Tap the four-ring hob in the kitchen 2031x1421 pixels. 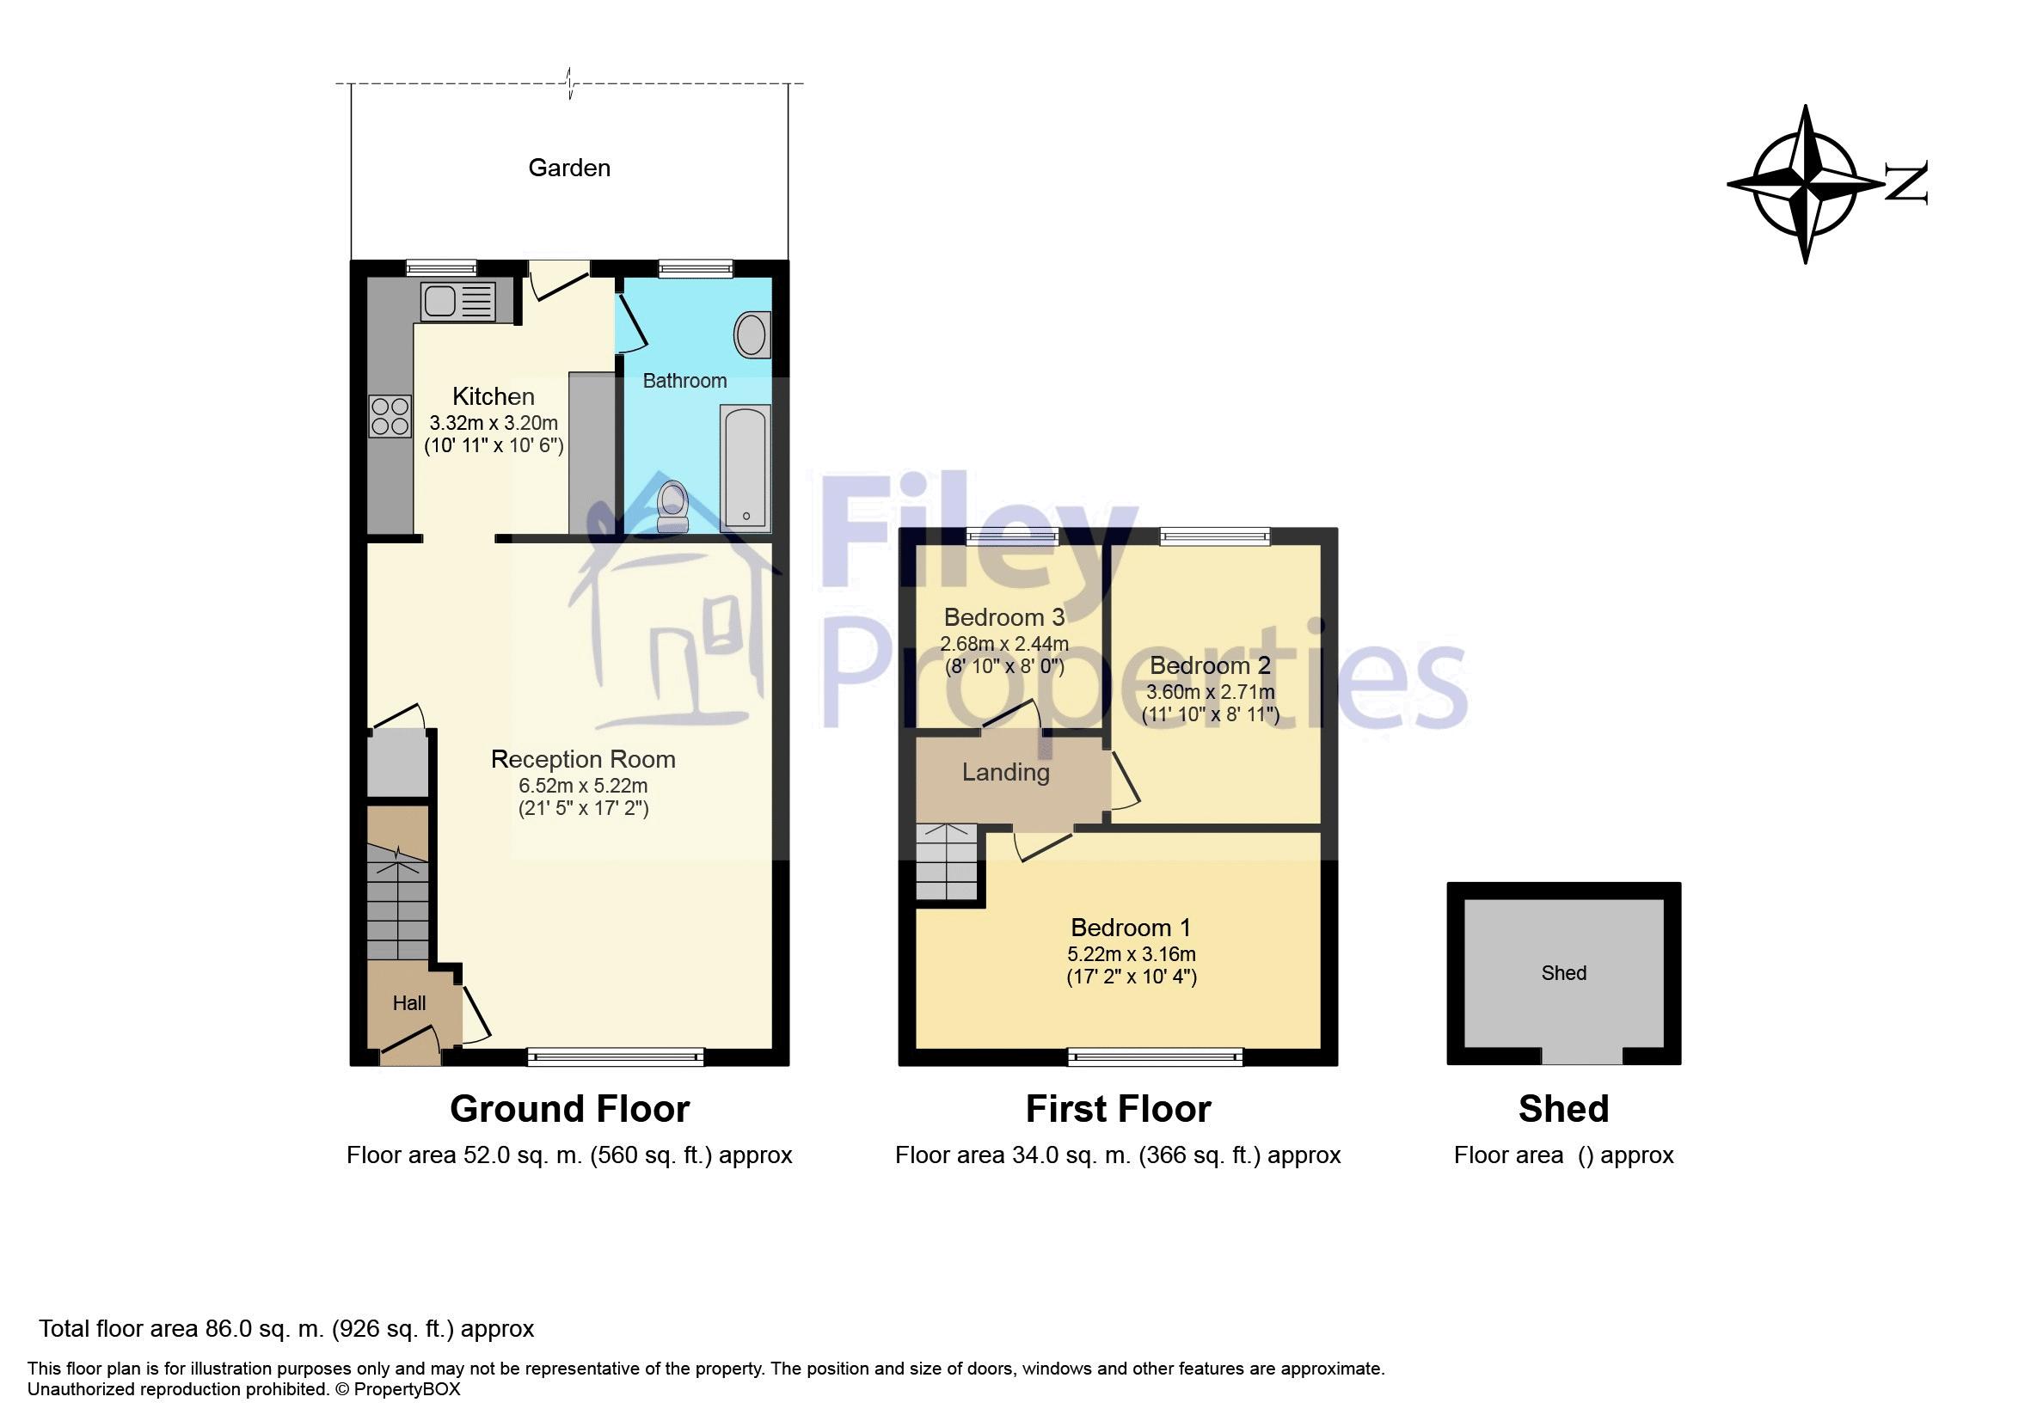pos(390,416)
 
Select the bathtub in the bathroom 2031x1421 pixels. pos(745,468)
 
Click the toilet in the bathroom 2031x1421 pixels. pos(673,505)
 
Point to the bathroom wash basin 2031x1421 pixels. pos(751,335)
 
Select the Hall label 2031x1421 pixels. pos(408,1003)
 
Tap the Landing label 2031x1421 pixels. pos(1006,773)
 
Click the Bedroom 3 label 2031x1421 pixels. pos(1004,617)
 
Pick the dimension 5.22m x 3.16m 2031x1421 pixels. pos(1132,955)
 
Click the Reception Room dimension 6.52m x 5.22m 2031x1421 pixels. pos(583,786)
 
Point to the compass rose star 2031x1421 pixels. pos(1805,184)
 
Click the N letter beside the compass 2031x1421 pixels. pos(1906,183)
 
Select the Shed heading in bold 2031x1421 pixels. pos(1563,1109)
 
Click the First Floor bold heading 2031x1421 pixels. pos(1118,1109)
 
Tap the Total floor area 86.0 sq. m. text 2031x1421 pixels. pos(285,1329)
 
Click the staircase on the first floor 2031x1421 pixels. pos(947,862)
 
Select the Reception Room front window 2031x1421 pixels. pos(616,1056)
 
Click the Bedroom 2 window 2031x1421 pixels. pos(1214,535)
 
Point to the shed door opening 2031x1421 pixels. pos(1581,1056)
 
